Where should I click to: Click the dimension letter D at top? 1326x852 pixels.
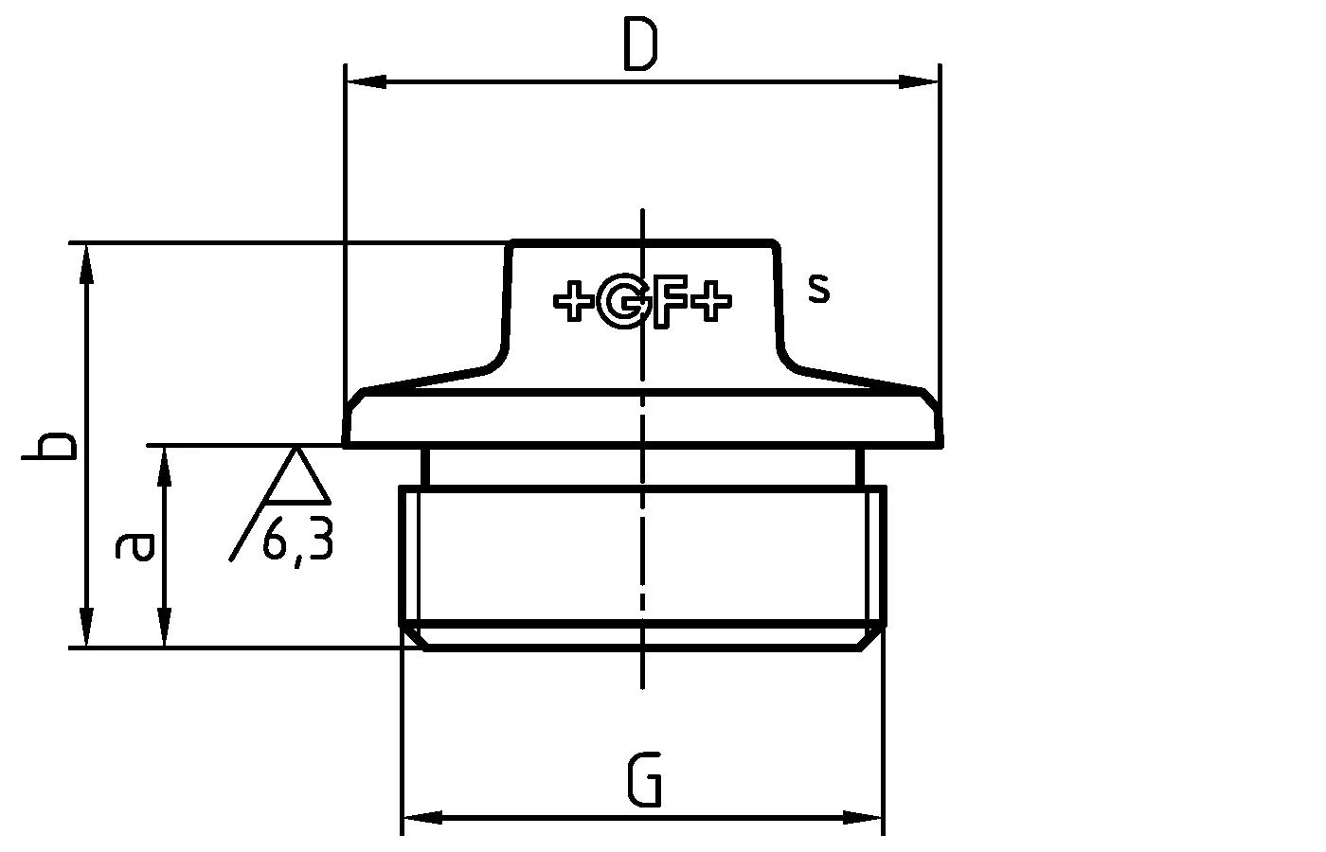tap(641, 46)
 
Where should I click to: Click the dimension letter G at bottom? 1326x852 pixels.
tap(644, 780)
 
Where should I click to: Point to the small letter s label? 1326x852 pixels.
tap(819, 288)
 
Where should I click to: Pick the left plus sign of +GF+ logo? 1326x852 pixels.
tap(573, 303)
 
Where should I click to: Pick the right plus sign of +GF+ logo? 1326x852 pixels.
tap(710, 303)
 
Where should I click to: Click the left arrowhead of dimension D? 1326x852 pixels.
tap(366, 82)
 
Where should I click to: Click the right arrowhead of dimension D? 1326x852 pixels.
tap(919, 82)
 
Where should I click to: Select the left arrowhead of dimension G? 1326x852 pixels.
tap(422, 817)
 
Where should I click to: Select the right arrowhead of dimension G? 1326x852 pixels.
tap(863, 817)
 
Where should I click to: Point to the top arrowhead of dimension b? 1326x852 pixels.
tap(87, 263)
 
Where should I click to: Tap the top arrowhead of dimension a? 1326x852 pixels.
tap(166, 466)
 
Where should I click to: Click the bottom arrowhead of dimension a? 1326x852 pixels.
tap(166, 629)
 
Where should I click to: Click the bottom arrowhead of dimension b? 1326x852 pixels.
tap(87, 629)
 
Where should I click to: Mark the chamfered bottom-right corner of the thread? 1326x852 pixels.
tap(873, 636)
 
